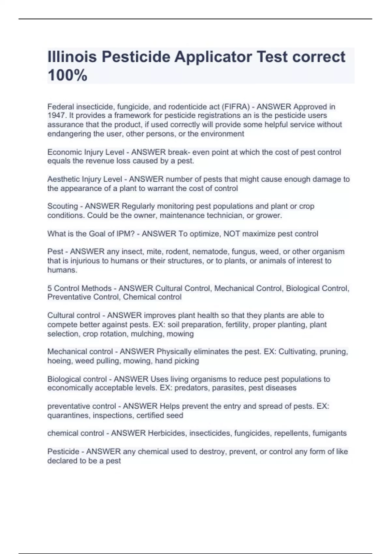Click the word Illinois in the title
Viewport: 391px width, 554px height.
pyautogui.click(x=72, y=57)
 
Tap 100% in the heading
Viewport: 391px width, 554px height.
pyautogui.click(x=67, y=75)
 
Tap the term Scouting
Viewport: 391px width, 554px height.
pyautogui.click(x=63, y=206)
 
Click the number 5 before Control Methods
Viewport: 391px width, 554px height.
pyautogui.click(x=50, y=288)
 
